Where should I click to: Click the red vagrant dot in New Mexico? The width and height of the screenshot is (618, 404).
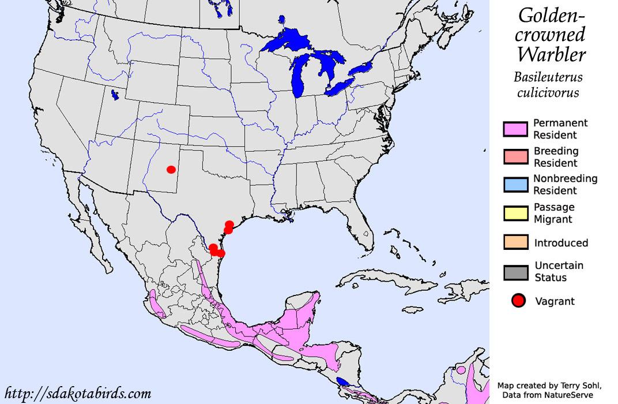pos(171,169)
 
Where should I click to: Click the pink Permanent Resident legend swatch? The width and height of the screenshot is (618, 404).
pos(515,129)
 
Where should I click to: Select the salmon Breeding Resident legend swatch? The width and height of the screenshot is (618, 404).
pos(515,157)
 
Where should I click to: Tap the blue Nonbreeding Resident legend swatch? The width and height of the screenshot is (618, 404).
pos(515,185)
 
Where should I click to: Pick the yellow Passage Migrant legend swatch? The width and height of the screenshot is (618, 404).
pos(515,213)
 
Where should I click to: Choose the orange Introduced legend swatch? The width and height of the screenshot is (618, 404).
pos(515,242)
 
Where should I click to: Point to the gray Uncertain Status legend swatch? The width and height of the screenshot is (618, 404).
pos(515,272)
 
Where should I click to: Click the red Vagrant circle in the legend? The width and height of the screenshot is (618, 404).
pos(519,301)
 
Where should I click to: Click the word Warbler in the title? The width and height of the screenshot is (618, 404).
pos(551,54)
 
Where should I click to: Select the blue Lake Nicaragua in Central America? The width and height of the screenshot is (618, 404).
pos(343,381)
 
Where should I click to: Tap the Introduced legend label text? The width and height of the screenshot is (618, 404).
pos(561,242)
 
